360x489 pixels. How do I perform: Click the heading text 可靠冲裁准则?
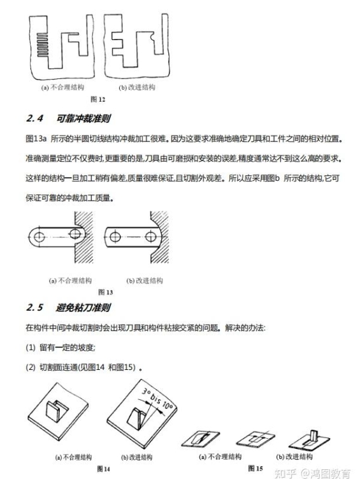click(x=83, y=118)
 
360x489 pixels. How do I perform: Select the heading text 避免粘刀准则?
click(x=83, y=308)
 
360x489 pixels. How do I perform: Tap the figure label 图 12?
click(x=97, y=99)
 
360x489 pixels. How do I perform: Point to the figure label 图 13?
click(x=106, y=292)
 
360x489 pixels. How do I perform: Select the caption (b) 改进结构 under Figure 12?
click(x=137, y=87)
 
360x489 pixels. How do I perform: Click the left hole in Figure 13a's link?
click(x=40, y=237)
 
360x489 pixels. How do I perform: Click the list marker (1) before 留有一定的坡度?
click(x=32, y=347)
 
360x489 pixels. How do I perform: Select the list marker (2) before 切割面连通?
click(x=32, y=367)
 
